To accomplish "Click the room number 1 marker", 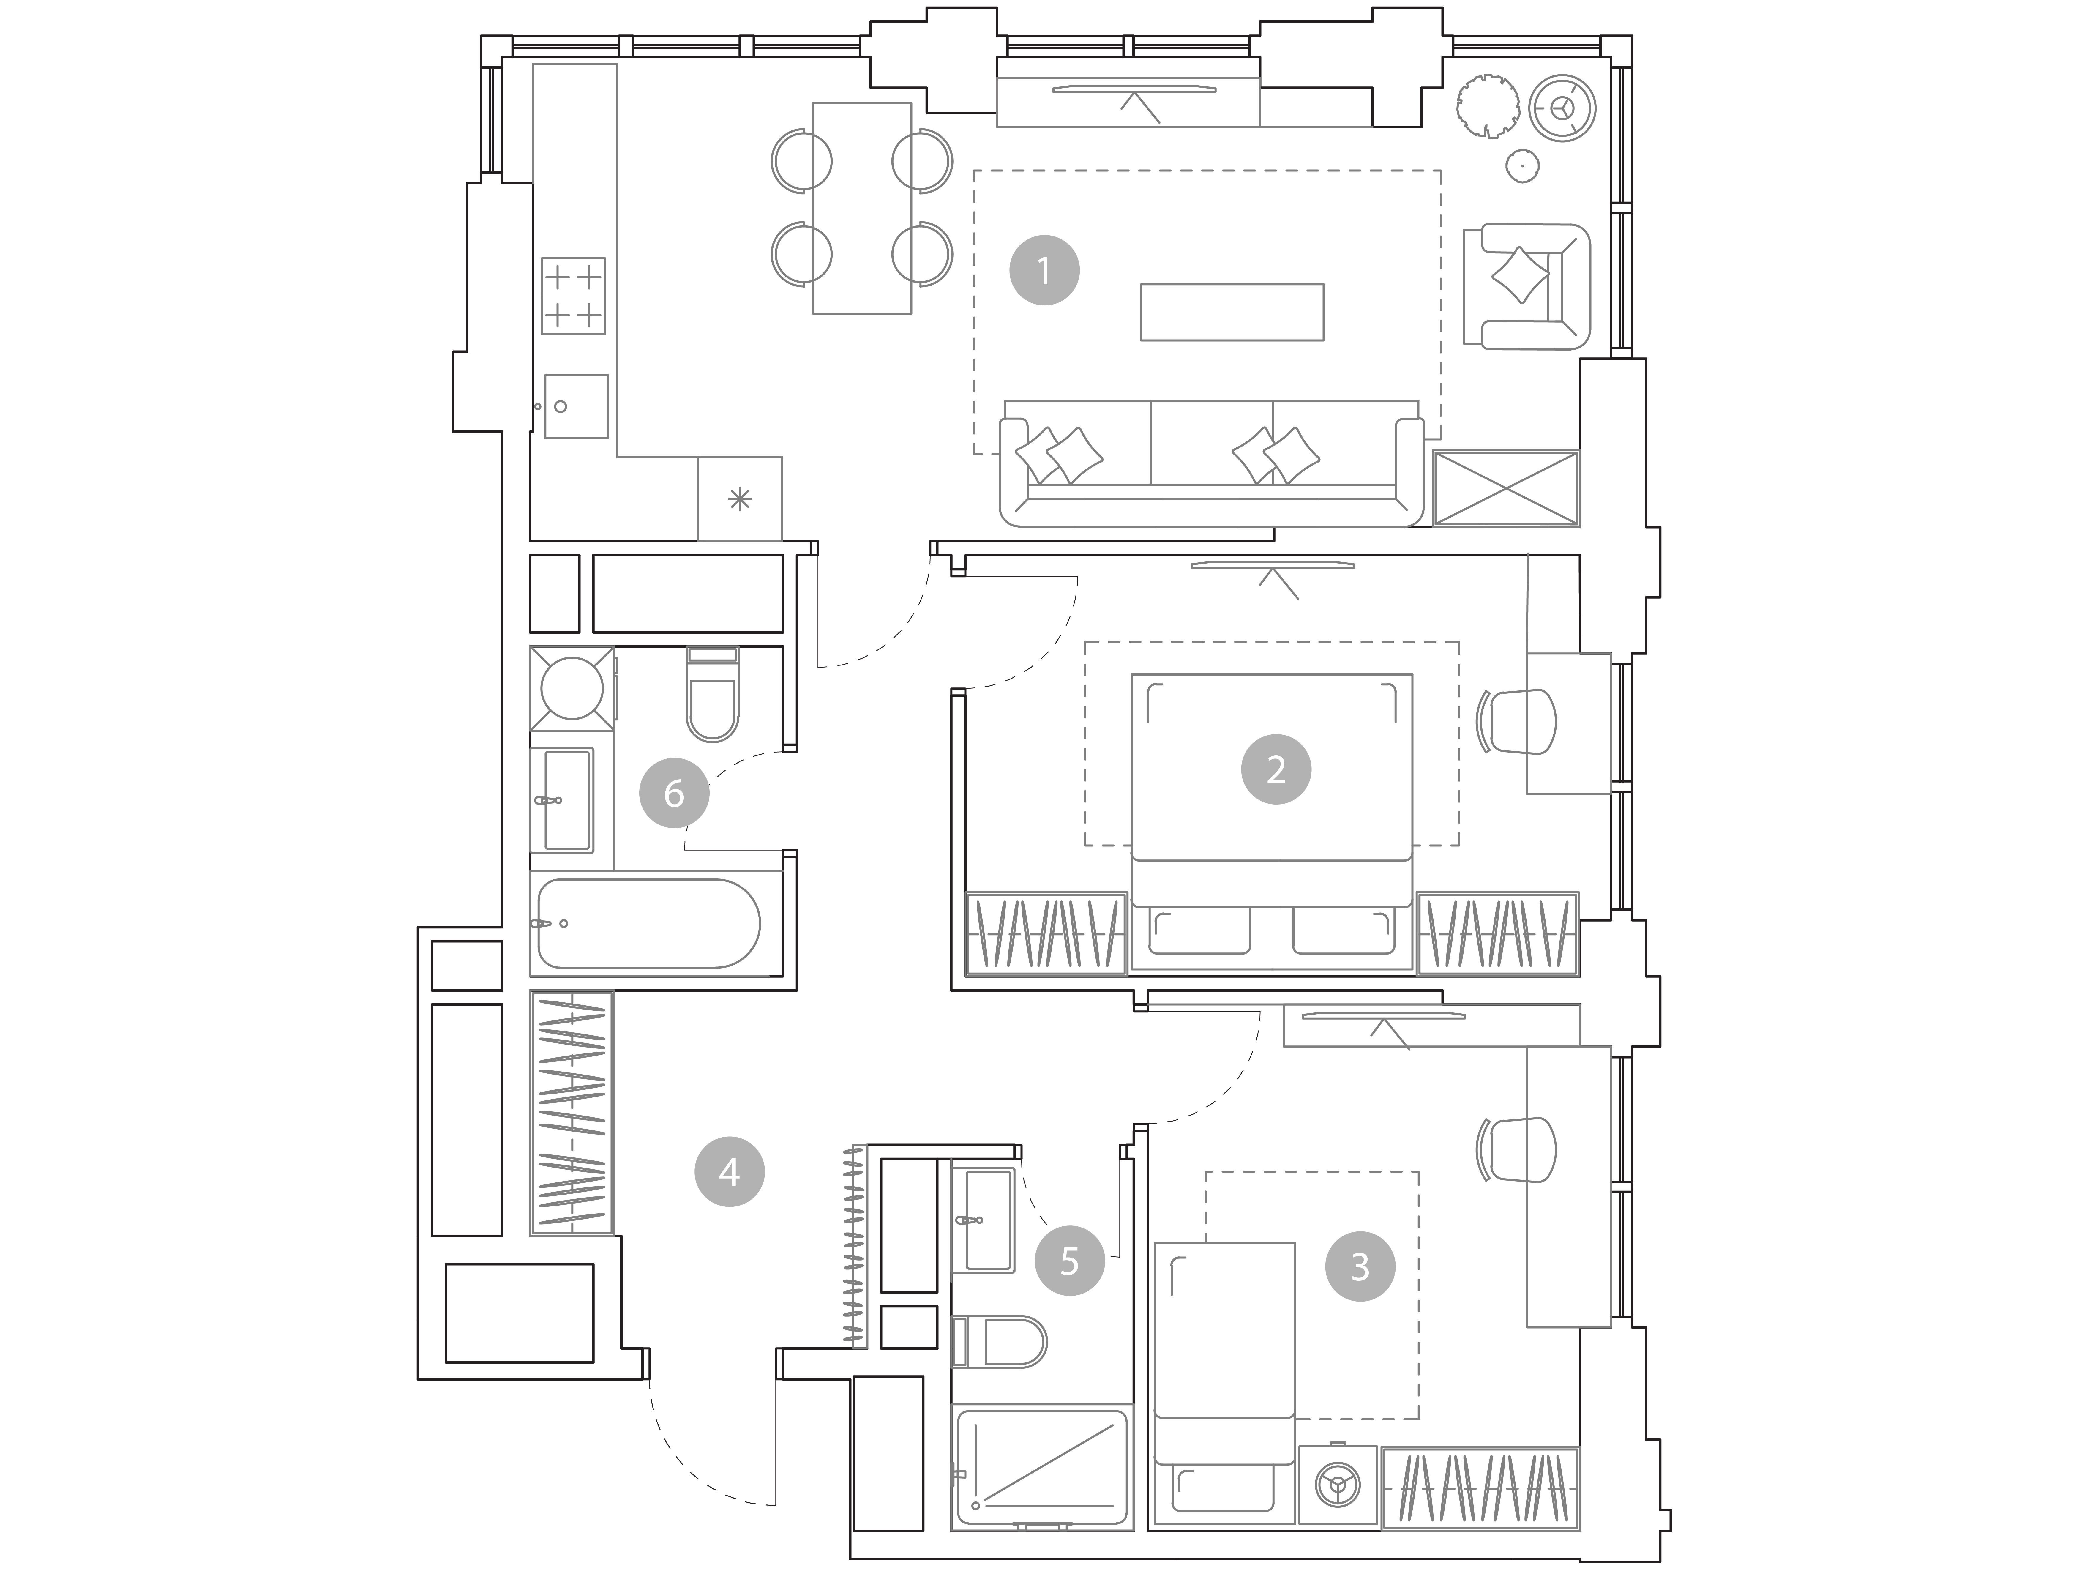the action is coord(1044,270).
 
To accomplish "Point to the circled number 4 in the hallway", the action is coord(730,1172).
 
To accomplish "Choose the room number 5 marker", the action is coord(1070,1260).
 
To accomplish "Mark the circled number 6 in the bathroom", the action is coord(674,793).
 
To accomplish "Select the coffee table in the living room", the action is coord(1232,312).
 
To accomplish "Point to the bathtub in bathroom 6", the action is coord(648,924).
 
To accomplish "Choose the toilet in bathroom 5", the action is coord(1000,1342).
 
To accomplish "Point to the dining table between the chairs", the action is coord(862,208).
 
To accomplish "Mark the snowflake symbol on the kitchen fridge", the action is coord(740,499).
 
